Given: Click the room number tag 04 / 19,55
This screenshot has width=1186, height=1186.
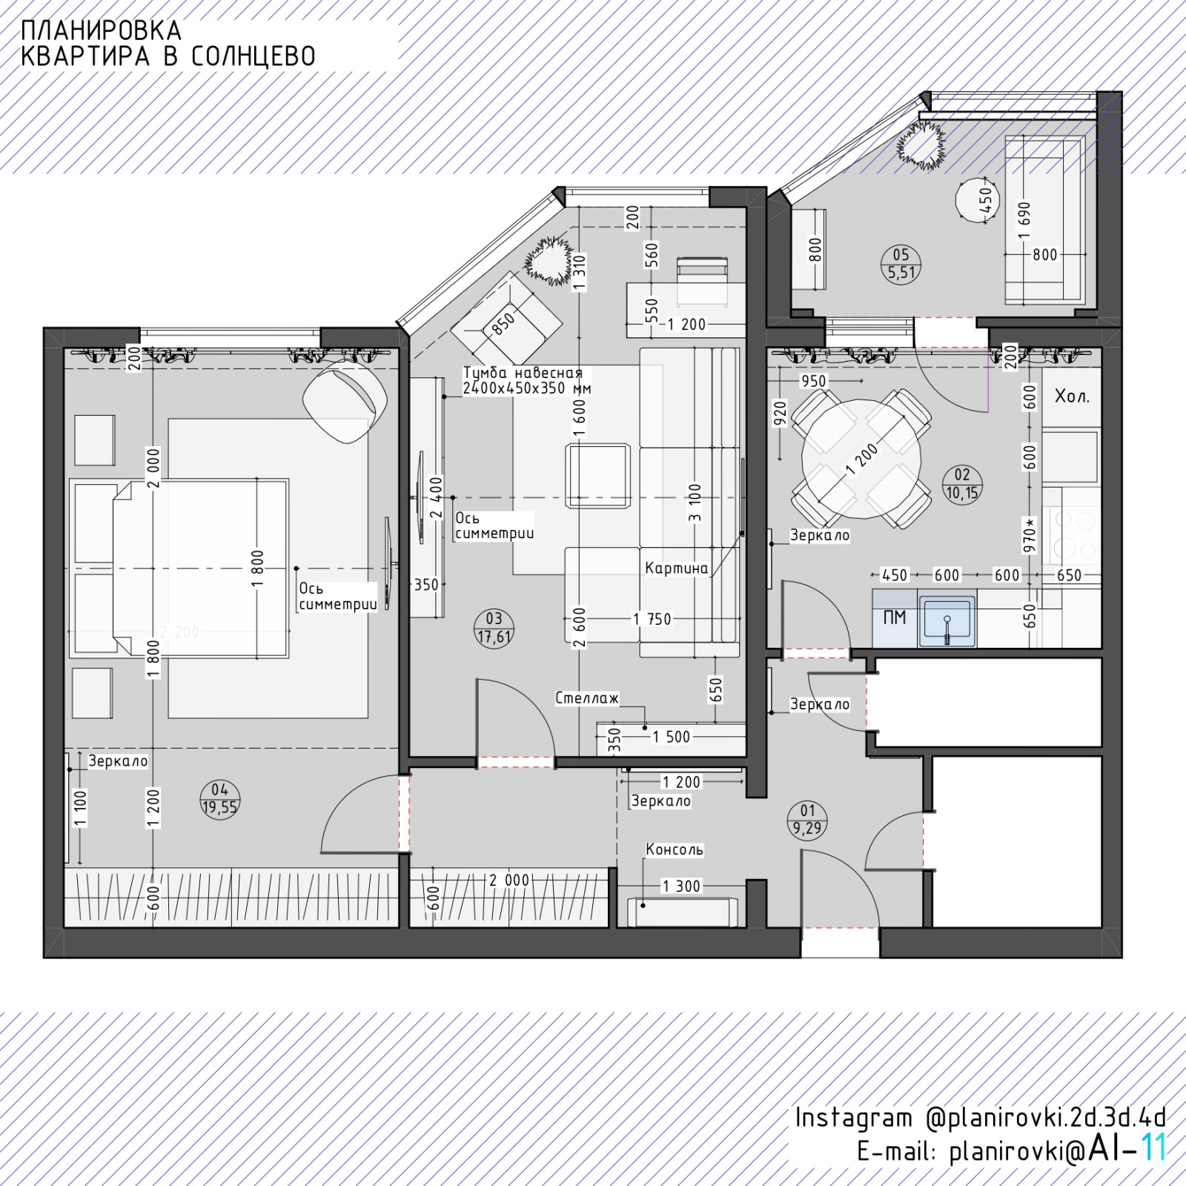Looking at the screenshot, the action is tap(219, 798).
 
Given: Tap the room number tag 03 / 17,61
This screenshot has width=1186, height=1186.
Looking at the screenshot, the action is tap(494, 628).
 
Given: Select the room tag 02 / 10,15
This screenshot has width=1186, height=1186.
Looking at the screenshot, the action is tap(962, 484).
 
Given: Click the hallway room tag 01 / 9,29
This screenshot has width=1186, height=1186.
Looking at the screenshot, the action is tap(807, 820).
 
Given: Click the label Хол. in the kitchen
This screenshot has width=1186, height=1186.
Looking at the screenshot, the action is tap(1072, 396).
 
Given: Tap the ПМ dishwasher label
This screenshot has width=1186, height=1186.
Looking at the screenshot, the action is tap(895, 617).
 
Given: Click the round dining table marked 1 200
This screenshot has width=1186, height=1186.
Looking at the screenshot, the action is tap(862, 460).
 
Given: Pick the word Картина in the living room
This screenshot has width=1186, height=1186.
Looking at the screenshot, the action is tap(677, 569).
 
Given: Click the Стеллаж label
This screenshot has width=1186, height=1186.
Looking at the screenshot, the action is tap(587, 698).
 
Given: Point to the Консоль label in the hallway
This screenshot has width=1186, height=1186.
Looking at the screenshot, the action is tap(675, 849).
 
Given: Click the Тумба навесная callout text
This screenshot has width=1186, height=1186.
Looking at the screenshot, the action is tap(526, 380).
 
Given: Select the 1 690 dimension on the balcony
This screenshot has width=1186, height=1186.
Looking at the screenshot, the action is tap(1024, 221).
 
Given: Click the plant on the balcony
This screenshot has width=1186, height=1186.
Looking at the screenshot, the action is tap(922, 145).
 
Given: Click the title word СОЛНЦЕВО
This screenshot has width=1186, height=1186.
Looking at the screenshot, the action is tap(253, 56).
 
